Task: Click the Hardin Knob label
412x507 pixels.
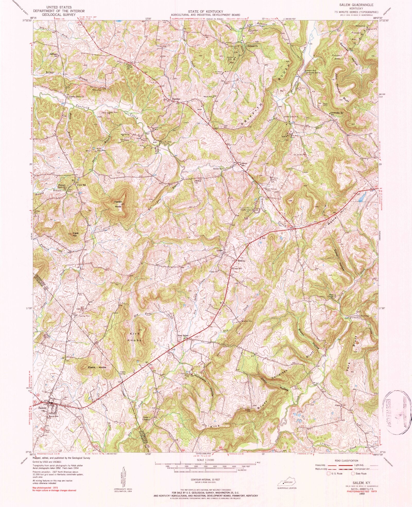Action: click(x=118, y=204)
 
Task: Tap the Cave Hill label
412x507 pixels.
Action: click(x=76, y=234)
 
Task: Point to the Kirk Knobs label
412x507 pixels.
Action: click(x=135, y=337)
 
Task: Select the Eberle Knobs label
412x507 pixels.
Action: click(x=97, y=367)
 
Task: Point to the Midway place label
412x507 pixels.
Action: click(x=241, y=261)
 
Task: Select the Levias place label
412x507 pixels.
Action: click(x=219, y=250)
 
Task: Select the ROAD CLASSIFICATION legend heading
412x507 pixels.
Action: click(x=346, y=461)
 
